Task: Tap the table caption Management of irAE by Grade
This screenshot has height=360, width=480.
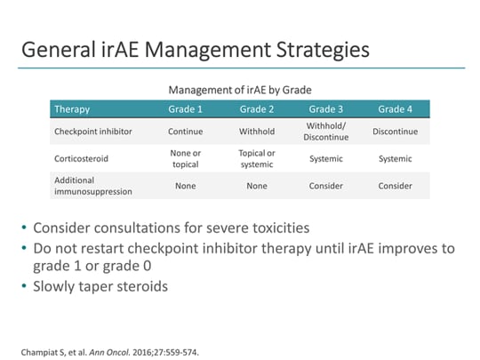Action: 239,90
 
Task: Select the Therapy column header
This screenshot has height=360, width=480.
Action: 72,109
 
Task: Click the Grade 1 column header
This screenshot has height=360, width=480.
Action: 186,109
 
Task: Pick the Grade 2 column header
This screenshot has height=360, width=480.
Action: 257,109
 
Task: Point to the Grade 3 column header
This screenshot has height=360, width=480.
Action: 326,109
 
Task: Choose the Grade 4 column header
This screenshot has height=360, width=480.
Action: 396,109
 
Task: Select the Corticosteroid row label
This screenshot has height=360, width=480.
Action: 83,158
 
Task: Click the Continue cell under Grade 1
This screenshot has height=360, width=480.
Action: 186,132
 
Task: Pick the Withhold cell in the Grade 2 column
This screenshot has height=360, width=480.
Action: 257,132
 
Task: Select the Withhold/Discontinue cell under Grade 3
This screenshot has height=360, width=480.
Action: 326,132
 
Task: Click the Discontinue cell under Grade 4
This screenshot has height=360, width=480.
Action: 396,132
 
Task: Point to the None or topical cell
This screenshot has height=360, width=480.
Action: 186,158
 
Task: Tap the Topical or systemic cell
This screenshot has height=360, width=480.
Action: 257,158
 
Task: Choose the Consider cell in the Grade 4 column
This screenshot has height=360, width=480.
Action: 396,186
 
